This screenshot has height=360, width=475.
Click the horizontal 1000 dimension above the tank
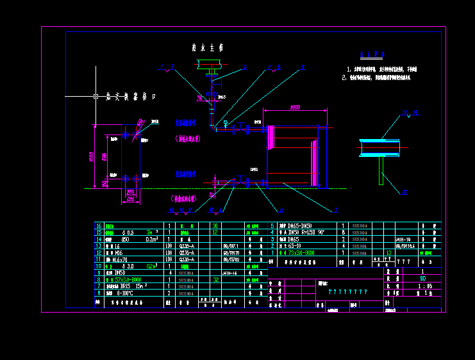point(295,108)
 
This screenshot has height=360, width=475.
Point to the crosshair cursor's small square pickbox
point(96,96)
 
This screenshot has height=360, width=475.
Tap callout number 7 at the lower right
point(335,209)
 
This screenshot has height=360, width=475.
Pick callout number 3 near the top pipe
point(244,66)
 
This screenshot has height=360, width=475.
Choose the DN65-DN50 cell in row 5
point(302,226)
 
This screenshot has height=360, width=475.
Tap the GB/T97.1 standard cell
point(230,245)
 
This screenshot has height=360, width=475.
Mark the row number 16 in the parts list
point(98,226)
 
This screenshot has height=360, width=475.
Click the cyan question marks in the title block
point(348,292)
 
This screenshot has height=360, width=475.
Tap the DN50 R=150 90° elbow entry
point(304,233)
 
